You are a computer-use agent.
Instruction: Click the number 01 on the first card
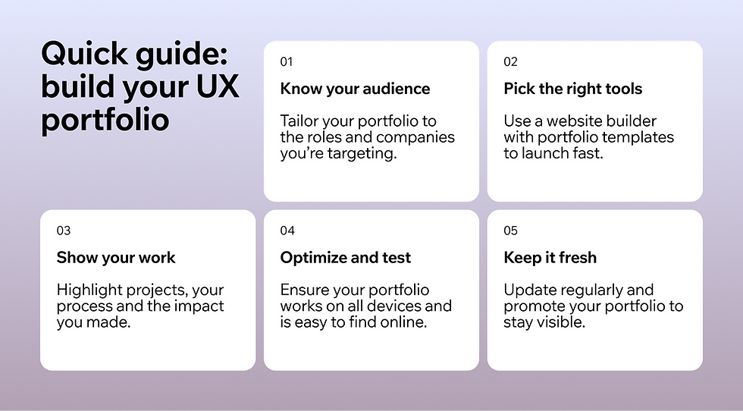287,61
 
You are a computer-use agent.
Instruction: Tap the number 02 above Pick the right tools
510,61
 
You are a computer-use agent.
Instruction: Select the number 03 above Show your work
63,231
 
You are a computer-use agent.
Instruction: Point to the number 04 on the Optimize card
287,231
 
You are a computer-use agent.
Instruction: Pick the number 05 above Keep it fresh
510,231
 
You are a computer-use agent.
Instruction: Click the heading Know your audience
355,89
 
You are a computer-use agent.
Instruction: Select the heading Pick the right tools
572,89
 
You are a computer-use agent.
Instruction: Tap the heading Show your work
115,258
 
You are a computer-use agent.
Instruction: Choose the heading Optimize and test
345,258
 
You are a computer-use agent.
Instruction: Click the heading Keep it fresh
550,258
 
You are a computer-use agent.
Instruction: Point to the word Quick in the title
82,55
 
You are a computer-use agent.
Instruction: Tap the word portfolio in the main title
105,120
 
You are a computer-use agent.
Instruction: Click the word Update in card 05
528,290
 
